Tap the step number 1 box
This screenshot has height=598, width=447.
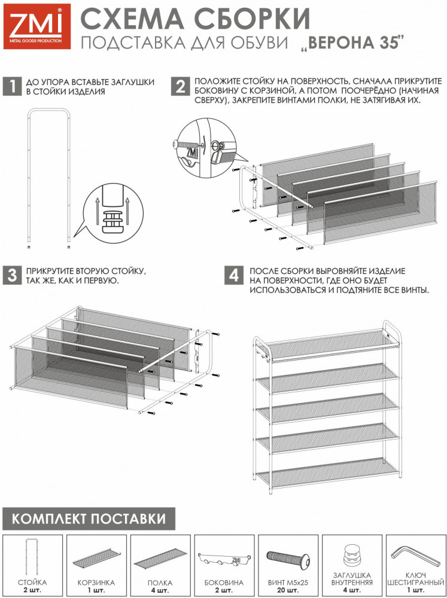click(12, 87)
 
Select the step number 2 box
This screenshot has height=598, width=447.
click(180, 87)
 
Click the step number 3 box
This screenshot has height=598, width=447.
click(12, 275)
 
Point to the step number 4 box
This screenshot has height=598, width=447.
click(234, 275)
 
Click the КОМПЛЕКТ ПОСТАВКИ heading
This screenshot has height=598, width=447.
click(89, 518)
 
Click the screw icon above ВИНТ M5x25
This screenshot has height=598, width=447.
click(288, 559)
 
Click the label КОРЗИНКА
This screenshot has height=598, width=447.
click(96, 582)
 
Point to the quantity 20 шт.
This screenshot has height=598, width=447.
click(288, 590)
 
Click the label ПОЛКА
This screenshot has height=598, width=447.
click(160, 582)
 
